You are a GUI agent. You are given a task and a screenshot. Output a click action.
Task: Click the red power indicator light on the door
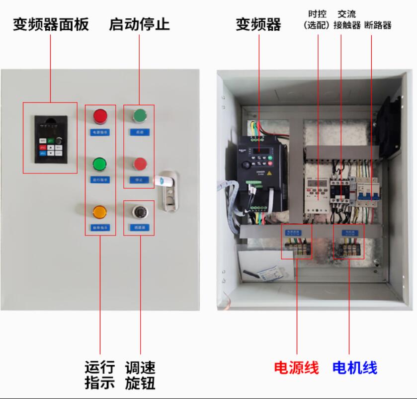[100, 116]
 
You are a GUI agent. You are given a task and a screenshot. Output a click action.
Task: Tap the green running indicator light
[100, 163]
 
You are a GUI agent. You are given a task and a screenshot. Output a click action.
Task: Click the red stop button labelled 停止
[140, 163]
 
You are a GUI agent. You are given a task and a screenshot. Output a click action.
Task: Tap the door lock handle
[167, 189]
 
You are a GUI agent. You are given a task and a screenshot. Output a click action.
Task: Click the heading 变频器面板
[51, 24]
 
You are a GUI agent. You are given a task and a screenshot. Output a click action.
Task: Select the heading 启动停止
[139, 24]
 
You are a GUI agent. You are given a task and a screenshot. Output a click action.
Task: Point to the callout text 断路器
[378, 25]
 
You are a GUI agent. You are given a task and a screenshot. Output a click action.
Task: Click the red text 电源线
[296, 368]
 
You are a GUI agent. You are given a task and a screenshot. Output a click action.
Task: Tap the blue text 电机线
[354, 368]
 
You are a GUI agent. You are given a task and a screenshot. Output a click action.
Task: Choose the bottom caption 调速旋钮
[140, 375]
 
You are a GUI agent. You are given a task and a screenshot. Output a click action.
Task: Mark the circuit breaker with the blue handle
[366, 192]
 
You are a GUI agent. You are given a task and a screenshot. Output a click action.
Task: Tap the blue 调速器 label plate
[139, 227]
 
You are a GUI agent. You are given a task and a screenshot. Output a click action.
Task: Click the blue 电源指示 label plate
[100, 132]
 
